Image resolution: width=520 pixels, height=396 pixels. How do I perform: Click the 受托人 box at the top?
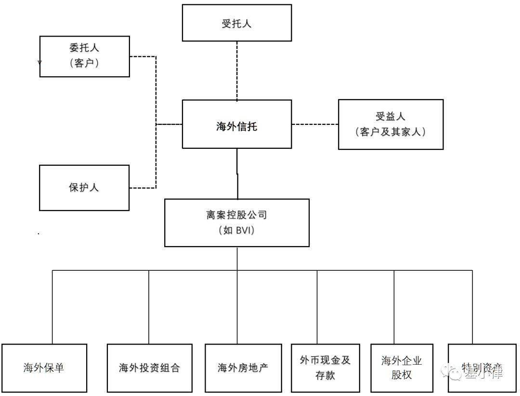(x=236, y=23)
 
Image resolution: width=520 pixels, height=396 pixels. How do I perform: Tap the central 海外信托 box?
(x=236, y=124)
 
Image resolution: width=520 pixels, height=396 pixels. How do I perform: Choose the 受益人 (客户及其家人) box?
(x=390, y=124)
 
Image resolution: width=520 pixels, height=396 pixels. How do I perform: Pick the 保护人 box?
(x=84, y=188)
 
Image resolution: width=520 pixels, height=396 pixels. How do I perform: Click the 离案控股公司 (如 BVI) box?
(x=236, y=223)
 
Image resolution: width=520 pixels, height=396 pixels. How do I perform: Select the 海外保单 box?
(x=44, y=368)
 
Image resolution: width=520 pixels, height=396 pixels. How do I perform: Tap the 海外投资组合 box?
(x=149, y=368)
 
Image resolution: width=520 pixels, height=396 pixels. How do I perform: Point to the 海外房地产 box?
(x=243, y=368)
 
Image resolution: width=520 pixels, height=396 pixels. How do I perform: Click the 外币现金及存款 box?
(x=325, y=368)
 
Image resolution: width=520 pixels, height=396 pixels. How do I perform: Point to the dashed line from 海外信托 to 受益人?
(x=315, y=124)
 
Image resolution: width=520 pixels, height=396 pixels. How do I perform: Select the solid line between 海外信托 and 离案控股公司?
(x=237, y=173)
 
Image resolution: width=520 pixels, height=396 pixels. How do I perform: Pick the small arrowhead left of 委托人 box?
(x=39, y=63)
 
